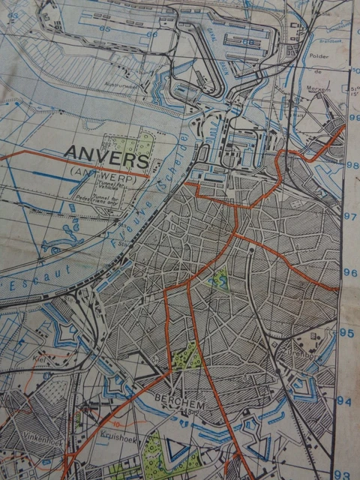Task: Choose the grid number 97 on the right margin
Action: (x=349, y=217)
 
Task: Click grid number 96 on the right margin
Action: (x=349, y=272)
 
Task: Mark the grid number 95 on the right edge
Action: (x=346, y=332)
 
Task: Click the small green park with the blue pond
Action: (x=220, y=280)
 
